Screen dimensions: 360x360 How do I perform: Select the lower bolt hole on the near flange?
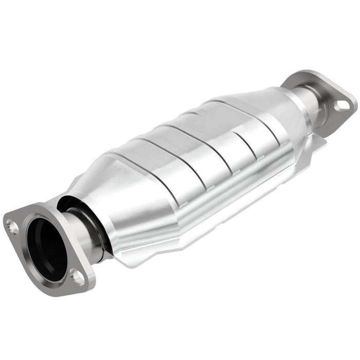point(78,278)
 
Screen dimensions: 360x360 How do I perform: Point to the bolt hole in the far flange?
point(340,106)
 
